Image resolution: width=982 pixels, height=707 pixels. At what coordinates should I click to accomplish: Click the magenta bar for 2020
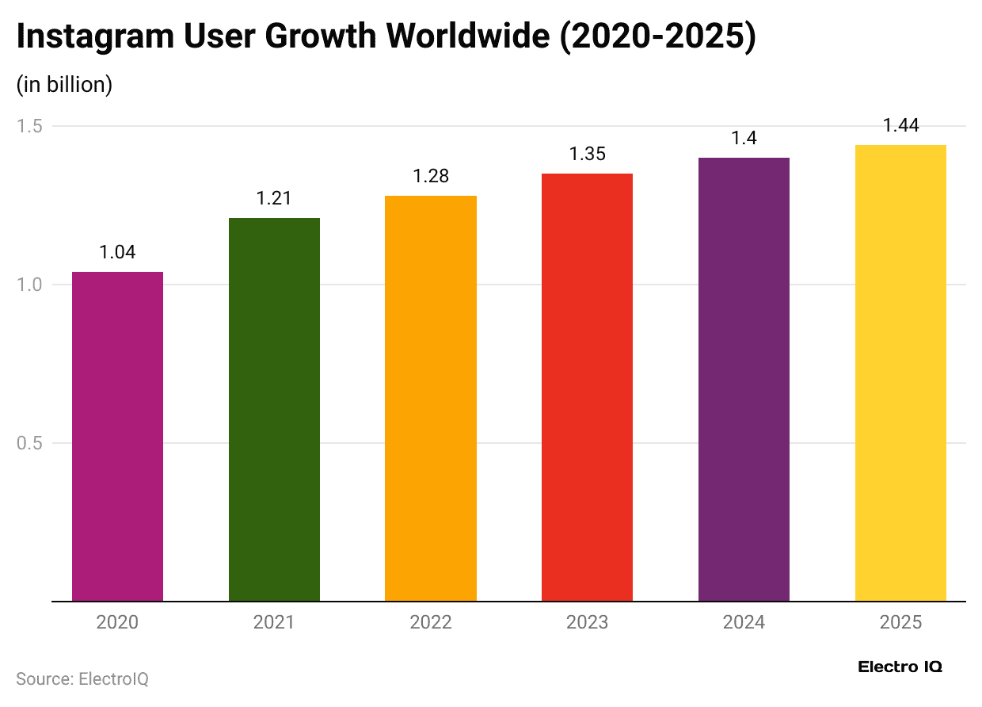point(117,436)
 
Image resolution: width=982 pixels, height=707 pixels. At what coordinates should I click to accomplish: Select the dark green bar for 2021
point(274,409)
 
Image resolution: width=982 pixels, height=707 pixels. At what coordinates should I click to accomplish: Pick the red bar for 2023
point(587,387)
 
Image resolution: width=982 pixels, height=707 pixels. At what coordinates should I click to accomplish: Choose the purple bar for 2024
point(744,379)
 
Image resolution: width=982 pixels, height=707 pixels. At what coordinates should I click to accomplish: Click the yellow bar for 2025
point(900,373)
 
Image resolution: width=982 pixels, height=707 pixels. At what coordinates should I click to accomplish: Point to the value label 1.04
point(117,252)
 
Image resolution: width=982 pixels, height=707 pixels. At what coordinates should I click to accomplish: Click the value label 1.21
point(274,198)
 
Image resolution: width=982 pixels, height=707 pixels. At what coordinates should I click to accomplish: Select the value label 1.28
point(431,176)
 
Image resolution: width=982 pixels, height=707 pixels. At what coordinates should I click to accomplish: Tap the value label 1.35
point(587,154)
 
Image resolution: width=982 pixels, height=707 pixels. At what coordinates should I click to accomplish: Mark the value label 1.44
point(900,125)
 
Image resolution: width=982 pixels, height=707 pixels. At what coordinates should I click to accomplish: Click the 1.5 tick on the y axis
point(29,126)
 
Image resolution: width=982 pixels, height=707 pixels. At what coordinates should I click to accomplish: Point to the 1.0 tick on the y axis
point(29,285)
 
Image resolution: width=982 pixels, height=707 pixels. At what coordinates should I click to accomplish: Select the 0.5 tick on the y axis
point(29,443)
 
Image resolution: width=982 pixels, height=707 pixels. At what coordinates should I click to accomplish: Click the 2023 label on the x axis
point(587,622)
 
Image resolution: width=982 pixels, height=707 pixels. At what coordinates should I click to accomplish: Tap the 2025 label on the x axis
point(900,622)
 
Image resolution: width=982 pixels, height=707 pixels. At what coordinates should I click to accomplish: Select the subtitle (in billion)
point(64,85)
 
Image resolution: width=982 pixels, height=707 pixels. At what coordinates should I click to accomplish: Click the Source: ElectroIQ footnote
point(82,679)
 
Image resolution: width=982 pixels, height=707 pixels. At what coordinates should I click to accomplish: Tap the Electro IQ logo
point(900,667)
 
